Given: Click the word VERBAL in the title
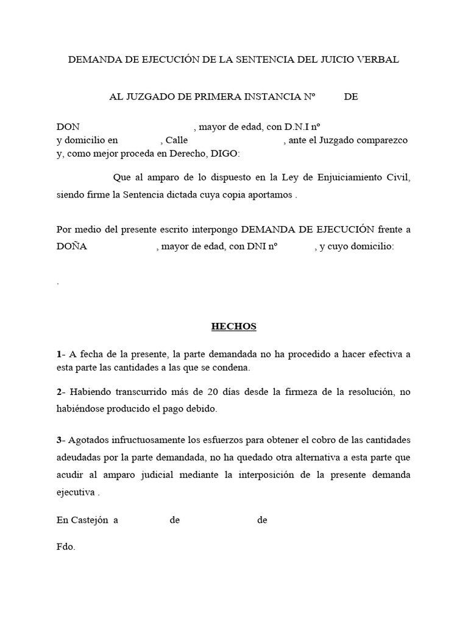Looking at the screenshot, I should pyautogui.click(x=377, y=60).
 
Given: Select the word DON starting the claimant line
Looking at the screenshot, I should pyautogui.click(x=68, y=127).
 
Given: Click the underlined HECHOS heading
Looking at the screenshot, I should pyautogui.click(x=234, y=327).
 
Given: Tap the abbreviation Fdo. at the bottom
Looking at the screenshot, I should pyautogui.click(x=65, y=547).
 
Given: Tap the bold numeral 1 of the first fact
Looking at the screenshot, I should pyautogui.click(x=58, y=354).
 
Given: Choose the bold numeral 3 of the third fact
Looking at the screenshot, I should pyautogui.click(x=58, y=441).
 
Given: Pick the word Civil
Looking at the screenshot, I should pyautogui.click(x=398, y=178).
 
